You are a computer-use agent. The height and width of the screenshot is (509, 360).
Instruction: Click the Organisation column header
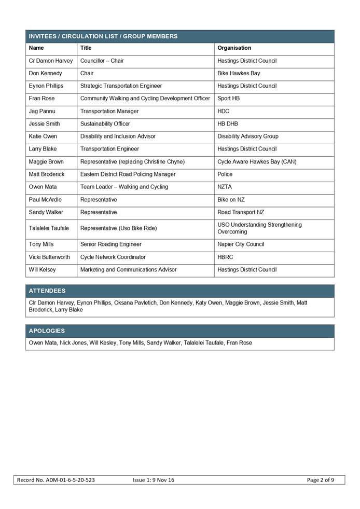[x=234, y=48]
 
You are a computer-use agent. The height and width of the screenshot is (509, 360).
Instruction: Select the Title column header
[x=86, y=48]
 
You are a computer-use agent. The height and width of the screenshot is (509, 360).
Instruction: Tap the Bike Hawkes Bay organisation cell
[x=239, y=74]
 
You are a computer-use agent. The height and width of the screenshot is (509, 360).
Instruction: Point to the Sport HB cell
[x=229, y=99]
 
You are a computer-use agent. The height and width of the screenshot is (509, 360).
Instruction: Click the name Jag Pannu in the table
[x=41, y=111]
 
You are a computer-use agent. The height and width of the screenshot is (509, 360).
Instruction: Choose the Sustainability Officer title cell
[x=105, y=124]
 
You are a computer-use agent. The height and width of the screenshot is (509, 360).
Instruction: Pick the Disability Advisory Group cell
[x=248, y=136]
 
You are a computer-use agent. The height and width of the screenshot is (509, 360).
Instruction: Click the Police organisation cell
[x=225, y=174]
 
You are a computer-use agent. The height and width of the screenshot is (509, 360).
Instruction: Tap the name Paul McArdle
[x=45, y=200]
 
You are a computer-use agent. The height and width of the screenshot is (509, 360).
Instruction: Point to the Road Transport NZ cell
[x=241, y=212]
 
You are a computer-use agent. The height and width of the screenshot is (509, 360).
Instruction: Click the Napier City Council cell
[x=241, y=244]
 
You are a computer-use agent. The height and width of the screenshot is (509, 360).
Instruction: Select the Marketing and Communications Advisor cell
[x=129, y=270]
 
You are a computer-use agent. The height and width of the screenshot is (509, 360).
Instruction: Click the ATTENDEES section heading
[x=47, y=291]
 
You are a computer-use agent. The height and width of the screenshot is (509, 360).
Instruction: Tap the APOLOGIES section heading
[x=47, y=331]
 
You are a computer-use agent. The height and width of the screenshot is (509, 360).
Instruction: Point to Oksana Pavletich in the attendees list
[x=135, y=302]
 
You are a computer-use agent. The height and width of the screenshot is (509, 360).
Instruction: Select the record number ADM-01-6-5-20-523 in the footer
[x=56, y=480]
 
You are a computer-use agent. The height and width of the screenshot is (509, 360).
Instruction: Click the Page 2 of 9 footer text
[x=320, y=480]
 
